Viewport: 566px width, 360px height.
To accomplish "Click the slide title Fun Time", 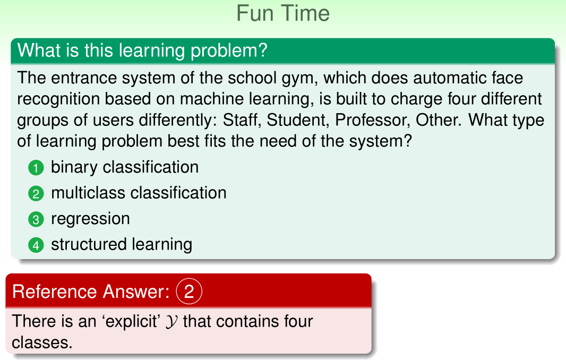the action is coord(283,13).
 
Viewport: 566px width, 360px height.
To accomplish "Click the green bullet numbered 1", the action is coord(36,168).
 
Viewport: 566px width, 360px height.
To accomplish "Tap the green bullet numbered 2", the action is coord(36,194).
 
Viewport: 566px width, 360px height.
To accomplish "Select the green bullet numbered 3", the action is coord(36,219).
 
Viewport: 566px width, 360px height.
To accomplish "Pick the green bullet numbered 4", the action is coord(36,245).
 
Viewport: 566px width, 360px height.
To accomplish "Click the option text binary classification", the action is coord(125,167).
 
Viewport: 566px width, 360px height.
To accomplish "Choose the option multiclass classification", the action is coord(139,193).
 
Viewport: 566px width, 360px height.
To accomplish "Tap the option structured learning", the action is coord(122,244).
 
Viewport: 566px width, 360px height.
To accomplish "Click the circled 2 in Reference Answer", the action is coord(189,291).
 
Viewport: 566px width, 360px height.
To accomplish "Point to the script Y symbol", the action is coord(171,321).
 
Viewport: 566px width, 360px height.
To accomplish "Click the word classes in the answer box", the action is coord(42,342).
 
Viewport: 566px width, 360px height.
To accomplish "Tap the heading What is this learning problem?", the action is coord(142,50).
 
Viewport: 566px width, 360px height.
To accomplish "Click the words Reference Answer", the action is coord(91,292).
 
